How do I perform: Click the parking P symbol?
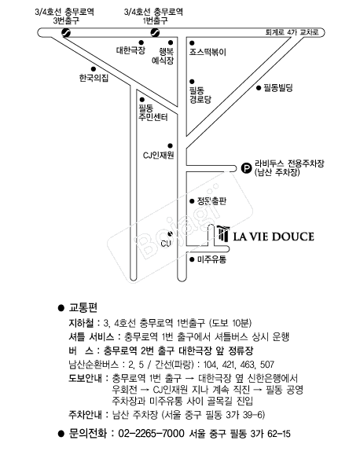246,168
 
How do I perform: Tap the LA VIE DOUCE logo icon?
223,233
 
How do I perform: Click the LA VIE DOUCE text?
274,237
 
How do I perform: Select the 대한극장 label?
130,50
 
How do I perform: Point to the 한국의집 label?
94,78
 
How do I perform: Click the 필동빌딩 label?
278,88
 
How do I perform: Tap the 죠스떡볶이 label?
208,52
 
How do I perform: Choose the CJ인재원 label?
158,156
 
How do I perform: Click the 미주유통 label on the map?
211,259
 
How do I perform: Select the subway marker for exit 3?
66,32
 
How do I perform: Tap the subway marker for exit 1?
155,32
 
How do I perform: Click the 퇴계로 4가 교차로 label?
292,32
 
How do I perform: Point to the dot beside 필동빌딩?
259,88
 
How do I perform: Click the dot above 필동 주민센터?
142,100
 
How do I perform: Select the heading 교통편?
83,308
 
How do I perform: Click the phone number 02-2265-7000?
151,434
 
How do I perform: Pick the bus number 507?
267,365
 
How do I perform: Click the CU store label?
166,243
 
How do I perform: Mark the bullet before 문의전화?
61,434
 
